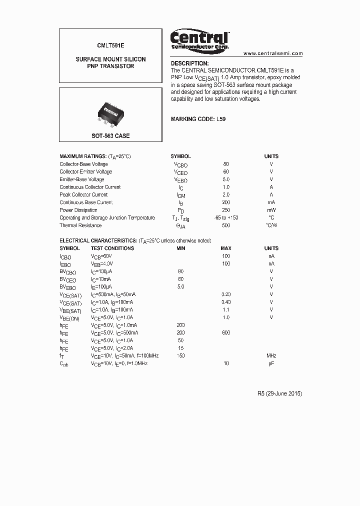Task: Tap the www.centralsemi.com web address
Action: tap(273, 53)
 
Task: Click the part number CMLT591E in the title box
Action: tap(110, 44)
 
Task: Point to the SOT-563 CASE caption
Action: tap(110, 136)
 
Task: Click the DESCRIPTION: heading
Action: tap(189, 63)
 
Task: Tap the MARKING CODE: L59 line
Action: tap(198, 119)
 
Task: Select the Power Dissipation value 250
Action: tap(226, 210)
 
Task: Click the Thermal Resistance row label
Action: tap(80, 225)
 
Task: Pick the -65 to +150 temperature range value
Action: tap(226, 218)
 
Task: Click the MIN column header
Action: tap(181, 248)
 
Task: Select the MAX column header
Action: tap(226, 248)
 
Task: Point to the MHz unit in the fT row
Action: tap(271, 355)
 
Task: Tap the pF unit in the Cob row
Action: tap(271, 363)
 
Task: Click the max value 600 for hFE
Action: tap(226, 332)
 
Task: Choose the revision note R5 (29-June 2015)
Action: tap(276, 393)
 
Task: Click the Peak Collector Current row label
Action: tap(83, 194)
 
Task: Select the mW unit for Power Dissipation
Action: tap(271, 210)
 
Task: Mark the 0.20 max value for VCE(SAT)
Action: tap(226, 294)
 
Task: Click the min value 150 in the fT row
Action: tap(181, 355)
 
